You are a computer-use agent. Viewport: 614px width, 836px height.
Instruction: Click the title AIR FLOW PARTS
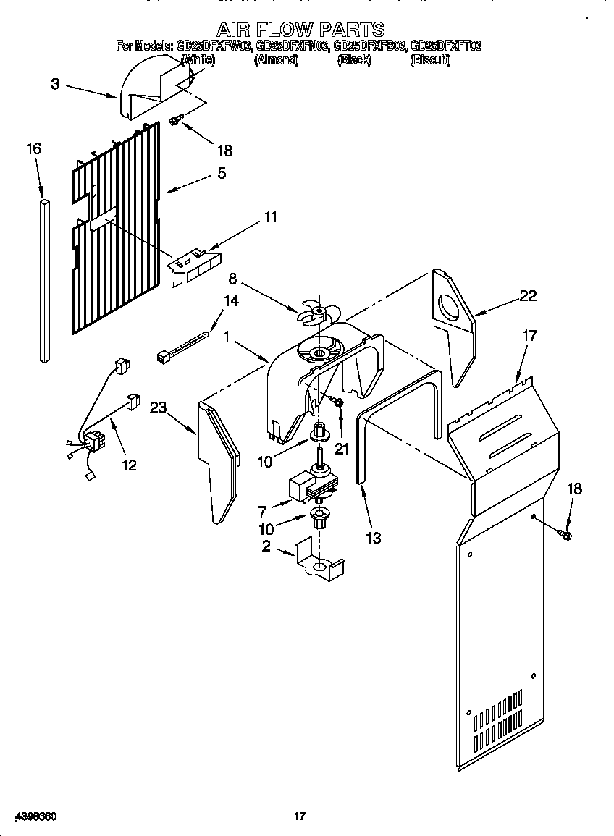coord(301,30)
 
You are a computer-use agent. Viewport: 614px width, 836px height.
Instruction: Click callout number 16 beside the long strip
coord(34,149)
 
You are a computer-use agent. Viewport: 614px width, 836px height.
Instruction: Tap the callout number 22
coord(528,295)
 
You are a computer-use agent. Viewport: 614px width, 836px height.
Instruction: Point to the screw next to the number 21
coord(337,401)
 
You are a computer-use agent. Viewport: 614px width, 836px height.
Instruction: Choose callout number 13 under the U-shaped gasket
coord(374,538)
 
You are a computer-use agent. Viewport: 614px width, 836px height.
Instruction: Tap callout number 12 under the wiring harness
coord(129,465)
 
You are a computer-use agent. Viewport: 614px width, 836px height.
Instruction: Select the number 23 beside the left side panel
coord(159,408)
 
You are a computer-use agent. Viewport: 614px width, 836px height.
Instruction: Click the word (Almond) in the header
coord(276,61)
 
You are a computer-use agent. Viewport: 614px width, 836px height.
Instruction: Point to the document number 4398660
coord(30,816)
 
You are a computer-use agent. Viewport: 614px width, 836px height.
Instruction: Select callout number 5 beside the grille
coord(222,173)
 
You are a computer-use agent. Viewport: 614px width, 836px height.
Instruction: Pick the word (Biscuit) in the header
coord(430,61)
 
